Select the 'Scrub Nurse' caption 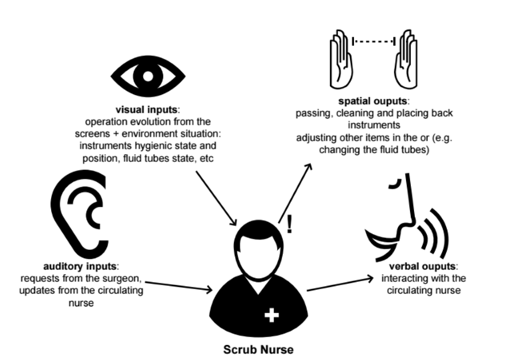[x=258, y=350]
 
